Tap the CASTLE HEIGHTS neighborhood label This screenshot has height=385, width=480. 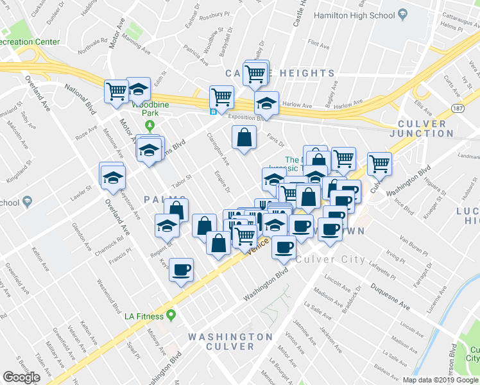pyautogui.click(x=280, y=73)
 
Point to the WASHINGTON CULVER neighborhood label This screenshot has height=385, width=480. pyautogui.click(x=230, y=341)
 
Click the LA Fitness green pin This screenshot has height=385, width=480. pyautogui.click(x=171, y=314)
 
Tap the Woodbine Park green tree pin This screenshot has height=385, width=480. pyautogui.click(x=150, y=125)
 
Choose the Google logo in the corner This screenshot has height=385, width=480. pyautogui.click(x=21, y=377)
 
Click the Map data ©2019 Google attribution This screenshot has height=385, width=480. pyautogui.click(x=441, y=380)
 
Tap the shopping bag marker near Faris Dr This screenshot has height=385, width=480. pyautogui.click(x=244, y=137)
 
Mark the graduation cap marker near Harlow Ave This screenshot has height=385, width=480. pyautogui.click(x=266, y=103)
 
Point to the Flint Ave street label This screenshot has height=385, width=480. pyautogui.click(x=318, y=44)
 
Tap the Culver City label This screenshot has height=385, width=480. pyautogui.click(x=332, y=260)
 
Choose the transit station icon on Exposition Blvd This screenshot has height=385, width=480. pyautogui.click(x=214, y=111)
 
